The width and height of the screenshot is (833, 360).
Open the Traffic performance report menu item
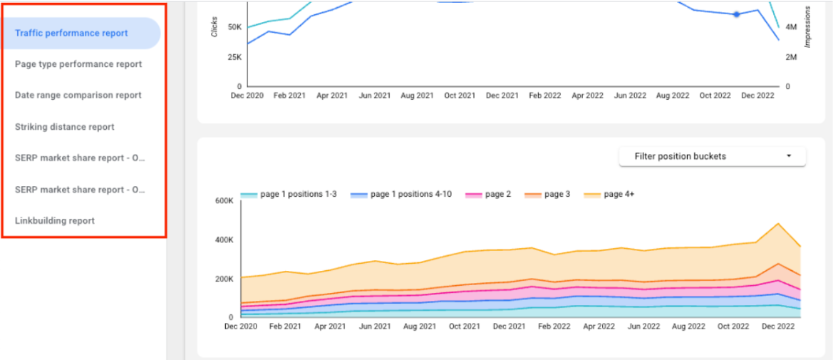pyautogui.click(x=71, y=33)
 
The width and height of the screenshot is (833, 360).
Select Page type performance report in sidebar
pyautogui.click(x=78, y=64)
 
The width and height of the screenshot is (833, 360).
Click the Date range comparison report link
pyautogui.click(x=78, y=95)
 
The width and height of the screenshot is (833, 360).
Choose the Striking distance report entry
pyautogui.click(x=65, y=127)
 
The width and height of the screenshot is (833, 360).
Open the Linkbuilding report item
pyautogui.click(x=55, y=221)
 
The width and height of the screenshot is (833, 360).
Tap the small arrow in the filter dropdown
pyautogui.click(x=789, y=156)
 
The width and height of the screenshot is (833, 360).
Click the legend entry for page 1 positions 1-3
pyautogui.click(x=289, y=194)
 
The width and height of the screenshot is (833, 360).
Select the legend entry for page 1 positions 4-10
pyautogui.click(x=404, y=194)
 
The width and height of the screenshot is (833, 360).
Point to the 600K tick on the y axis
pyautogui.click(x=224, y=201)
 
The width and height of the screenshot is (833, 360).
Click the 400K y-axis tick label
pyautogui.click(x=224, y=240)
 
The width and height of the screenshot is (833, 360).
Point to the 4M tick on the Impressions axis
pyautogui.click(x=791, y=27)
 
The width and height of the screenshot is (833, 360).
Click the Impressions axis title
pyautogui.click(x=808, y=27)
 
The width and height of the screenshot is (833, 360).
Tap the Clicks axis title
pyautogui.click(x=214, y=27)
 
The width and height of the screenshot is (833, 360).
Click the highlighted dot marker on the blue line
pyautogui.click(x=737, y=14)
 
